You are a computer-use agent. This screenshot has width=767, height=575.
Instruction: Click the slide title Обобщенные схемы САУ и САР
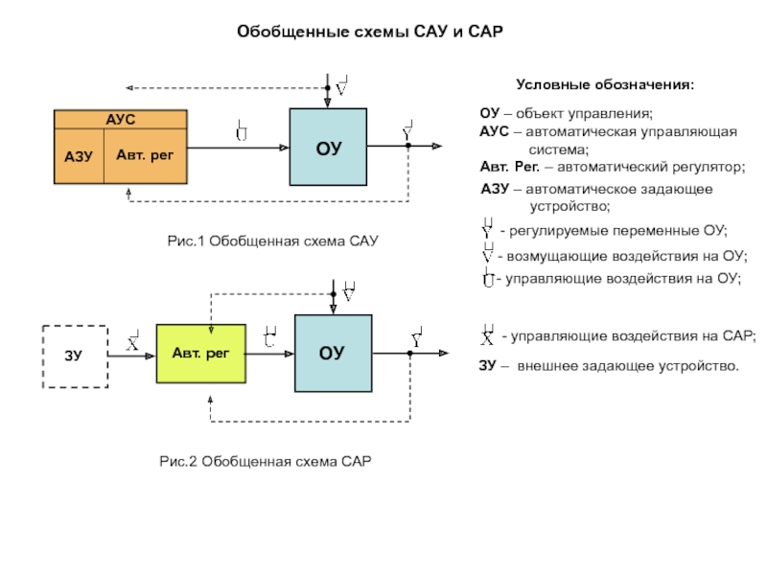point(370,33)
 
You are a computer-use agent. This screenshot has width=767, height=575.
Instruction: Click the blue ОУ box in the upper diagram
point(328,147)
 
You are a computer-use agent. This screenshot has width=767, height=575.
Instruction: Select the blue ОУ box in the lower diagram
point(332,353)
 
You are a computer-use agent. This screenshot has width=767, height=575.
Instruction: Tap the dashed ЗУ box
point(74,356)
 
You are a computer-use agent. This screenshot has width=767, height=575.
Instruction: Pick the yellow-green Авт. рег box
point(200,354)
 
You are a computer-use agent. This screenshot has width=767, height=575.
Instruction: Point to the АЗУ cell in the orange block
point(78,155)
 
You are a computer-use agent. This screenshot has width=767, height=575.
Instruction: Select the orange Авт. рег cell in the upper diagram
point(145,154)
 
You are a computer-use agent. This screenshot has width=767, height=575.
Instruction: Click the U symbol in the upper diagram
point(242,131)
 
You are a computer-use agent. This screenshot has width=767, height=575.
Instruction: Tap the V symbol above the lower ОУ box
point(350,291)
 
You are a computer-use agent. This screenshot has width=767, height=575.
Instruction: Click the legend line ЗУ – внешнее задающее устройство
point(609,365)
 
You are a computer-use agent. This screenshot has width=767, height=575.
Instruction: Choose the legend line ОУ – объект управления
point(566,114)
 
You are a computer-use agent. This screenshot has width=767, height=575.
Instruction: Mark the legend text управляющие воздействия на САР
point(632,336)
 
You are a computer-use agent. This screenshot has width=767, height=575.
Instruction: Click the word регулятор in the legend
point(709,167)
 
